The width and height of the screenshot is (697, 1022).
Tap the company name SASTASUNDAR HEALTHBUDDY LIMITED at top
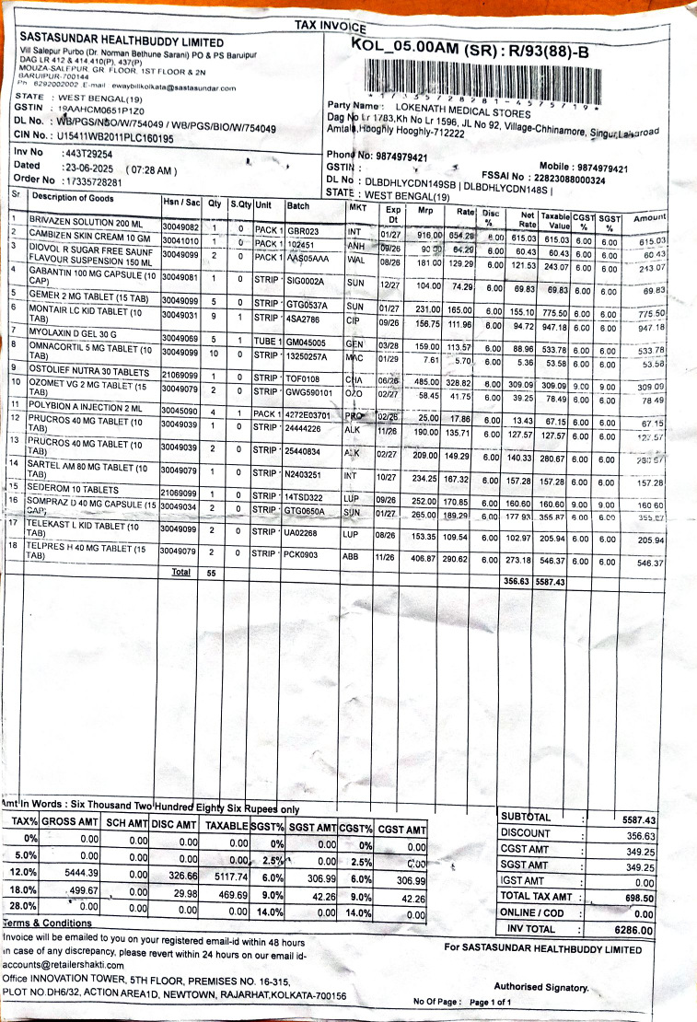122,42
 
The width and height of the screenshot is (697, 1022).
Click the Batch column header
298,205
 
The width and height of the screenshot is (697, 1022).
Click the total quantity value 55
211,572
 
